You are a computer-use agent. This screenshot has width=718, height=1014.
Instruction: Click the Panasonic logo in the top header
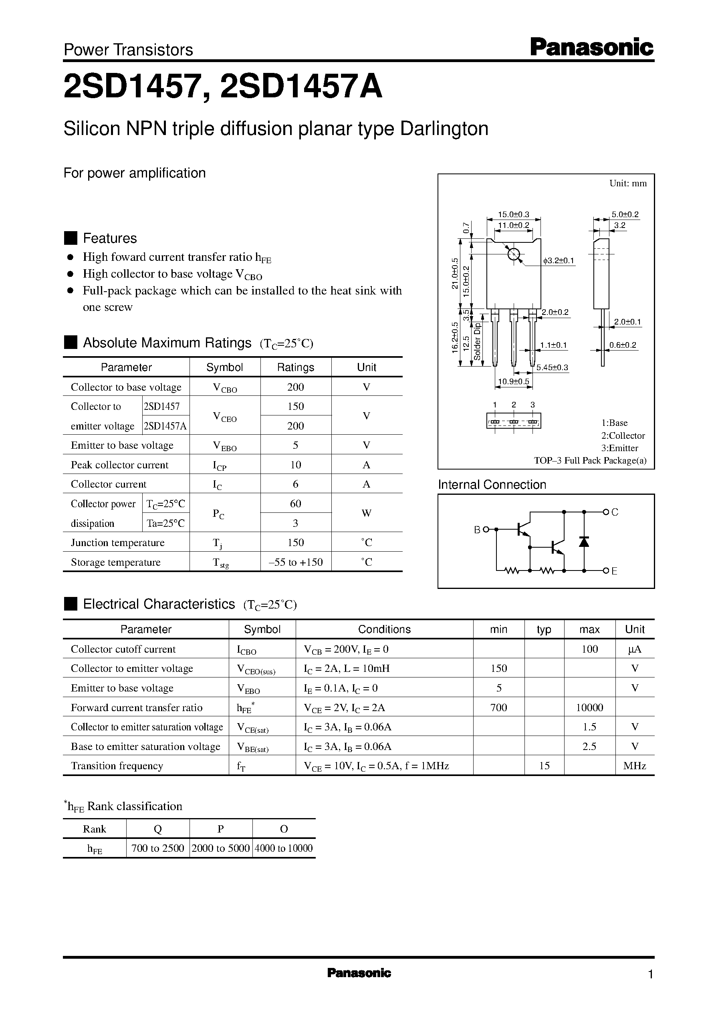click(x=591, y=47)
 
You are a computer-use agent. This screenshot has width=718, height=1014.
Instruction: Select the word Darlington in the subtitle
click(x=444, y=129)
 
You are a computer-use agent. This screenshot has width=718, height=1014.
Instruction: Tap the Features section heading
click(x=110, y=238)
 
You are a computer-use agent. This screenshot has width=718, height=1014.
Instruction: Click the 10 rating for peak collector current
click(x=295, y=465)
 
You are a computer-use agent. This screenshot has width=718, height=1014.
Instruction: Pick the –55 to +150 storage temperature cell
click(x=295, y=562)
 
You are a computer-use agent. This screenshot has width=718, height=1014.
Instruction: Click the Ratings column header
click(x=295, y=367)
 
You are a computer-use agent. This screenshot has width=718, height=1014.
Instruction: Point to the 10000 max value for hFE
click(x=589, y=708)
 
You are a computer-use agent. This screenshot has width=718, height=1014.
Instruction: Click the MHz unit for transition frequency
click(x=634, y=766)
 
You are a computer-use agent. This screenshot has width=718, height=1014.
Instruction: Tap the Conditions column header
click(x=384, y=629)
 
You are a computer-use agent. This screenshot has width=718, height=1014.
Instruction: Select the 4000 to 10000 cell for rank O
click(x=284, y=848)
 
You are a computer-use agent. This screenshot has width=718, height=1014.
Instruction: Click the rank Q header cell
click(x=158, y=829)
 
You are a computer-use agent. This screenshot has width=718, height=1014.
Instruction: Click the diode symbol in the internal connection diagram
click(x=584, y=542)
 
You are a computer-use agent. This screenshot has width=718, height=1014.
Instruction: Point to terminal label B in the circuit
click(x=477, y=530)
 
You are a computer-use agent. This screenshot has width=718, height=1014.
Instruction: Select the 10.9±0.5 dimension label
click(x=513, y=381)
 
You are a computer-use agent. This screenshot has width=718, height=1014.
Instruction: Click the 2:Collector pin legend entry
click(x=623, y=435)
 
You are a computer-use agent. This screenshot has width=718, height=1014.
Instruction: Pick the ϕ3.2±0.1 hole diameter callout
click(x=559, y=261)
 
